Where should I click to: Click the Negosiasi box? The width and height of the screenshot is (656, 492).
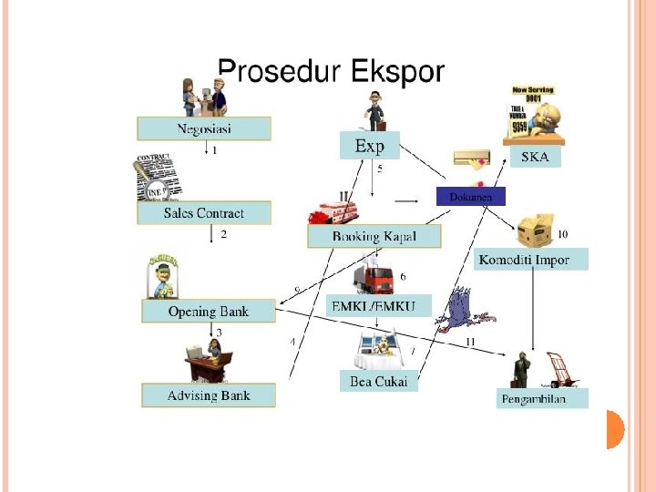coord(204,128)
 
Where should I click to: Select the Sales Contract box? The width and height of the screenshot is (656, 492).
coord(204,213)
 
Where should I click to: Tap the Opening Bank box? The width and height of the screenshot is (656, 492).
coord(208,312)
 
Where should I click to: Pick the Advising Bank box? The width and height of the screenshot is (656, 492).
coord(208,395)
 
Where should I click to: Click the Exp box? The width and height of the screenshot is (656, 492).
coord(369,146)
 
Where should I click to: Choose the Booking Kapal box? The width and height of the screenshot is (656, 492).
coord(374,236)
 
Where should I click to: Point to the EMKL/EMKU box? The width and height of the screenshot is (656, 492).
coord(379,308)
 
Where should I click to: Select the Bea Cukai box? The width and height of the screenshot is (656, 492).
coord(378,382)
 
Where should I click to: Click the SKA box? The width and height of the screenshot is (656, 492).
coord(535,157)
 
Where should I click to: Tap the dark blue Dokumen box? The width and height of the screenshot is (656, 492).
coord(470,196)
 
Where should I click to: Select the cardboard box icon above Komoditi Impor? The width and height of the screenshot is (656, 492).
coord(535,232)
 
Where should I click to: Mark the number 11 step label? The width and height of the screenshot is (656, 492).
coord(470,342)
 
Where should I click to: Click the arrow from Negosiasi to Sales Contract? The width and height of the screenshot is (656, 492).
coord(209,149)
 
